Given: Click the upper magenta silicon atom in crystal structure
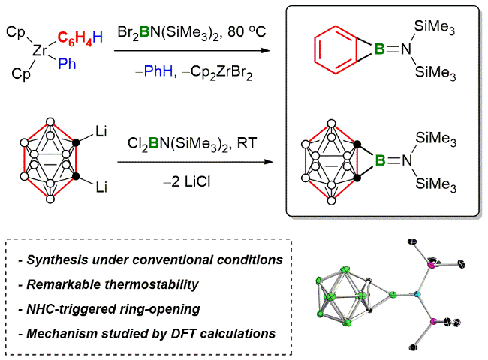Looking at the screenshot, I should pos(432,263).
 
